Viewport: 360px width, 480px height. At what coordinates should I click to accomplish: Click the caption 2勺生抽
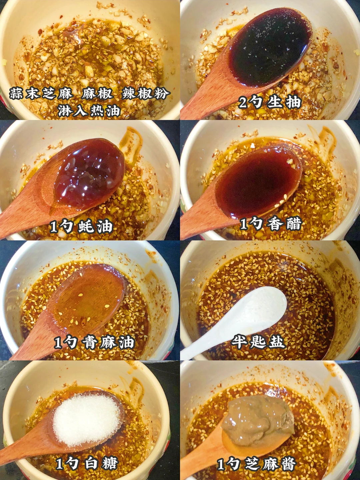270,102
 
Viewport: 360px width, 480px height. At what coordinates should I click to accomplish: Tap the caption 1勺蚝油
81,227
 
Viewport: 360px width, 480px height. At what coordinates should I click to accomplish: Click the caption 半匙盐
258,342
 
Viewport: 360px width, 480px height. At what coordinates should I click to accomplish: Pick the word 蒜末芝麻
41,94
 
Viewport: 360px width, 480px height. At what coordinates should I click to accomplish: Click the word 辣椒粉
146,94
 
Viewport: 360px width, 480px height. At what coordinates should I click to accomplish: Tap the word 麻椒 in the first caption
97,94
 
